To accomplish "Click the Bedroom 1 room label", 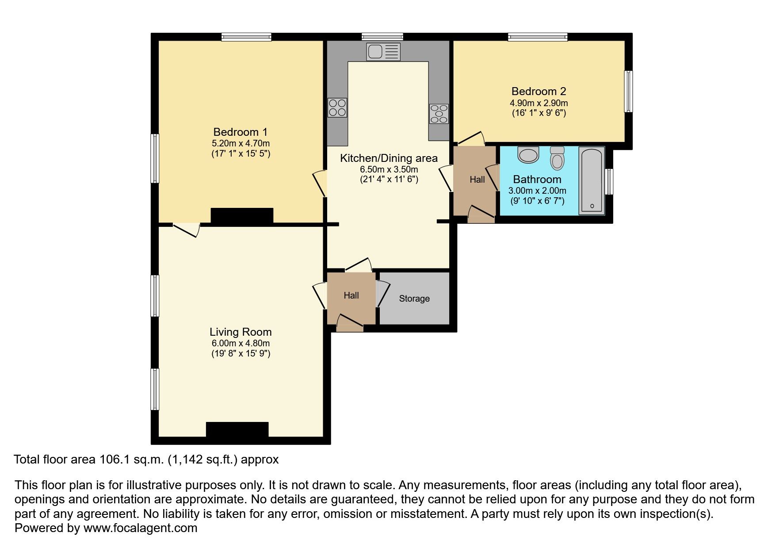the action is pos(241,132).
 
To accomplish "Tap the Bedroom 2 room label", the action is pos(539,92).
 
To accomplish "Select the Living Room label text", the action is pos(241,332).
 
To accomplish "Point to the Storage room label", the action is pos(414,299).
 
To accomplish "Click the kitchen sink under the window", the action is pos(383,52).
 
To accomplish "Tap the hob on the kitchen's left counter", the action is pos(337,107).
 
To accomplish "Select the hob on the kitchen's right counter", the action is pos(439,114).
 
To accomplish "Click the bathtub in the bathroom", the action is pos(592,180).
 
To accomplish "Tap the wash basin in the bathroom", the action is pos(528,154).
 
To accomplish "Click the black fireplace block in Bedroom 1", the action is pos(242,216).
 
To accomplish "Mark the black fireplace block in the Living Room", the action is pos(237,430).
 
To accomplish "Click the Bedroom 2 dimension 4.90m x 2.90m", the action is pos(539,103).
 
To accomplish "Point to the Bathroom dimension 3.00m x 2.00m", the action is pos(537,191).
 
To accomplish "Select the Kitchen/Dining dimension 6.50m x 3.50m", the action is pos(389,169).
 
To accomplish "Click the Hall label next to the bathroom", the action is pos(477,180).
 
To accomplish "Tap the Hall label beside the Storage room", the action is pos(351,295).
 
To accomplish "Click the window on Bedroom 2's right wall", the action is pos(628,92).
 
